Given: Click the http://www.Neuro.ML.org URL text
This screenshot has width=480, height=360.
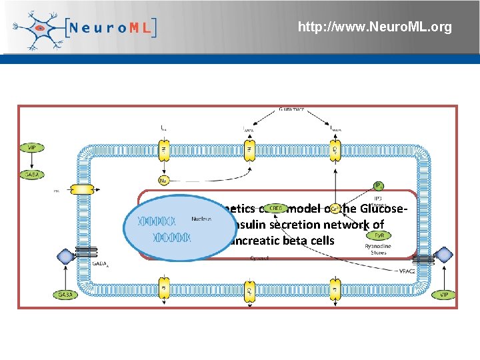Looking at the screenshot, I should (375, 27).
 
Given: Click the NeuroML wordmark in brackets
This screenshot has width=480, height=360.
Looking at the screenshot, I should (112, 28).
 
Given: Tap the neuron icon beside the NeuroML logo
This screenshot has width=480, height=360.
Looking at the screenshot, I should (39, 28).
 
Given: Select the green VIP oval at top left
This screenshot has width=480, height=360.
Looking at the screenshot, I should (31, 148).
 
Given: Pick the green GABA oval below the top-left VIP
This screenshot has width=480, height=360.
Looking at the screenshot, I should (31, 175).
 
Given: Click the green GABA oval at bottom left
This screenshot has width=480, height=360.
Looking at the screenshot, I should (65, 294).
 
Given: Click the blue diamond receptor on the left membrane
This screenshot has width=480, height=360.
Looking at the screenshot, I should (65, 255).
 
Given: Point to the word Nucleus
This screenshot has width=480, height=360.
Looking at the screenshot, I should (201, 218).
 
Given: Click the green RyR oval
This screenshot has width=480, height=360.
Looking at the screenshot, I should (379, 235).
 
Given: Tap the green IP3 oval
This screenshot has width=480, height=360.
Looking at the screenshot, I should (378, 185).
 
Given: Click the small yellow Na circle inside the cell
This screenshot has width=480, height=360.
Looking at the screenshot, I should (163, 180).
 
